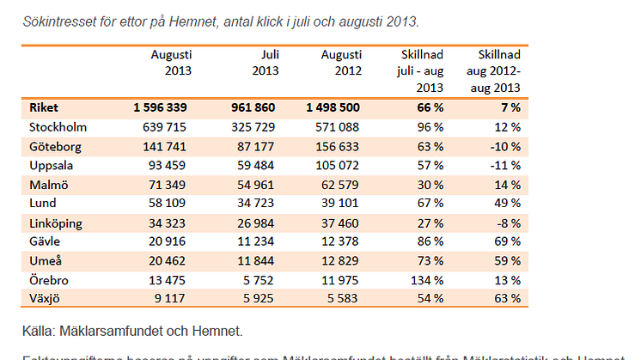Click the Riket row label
coord(43,108)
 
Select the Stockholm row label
coord(56,127)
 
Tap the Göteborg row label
coord(54,146)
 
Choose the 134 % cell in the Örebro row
coord(425,279)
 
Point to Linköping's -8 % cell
coord(508,223)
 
